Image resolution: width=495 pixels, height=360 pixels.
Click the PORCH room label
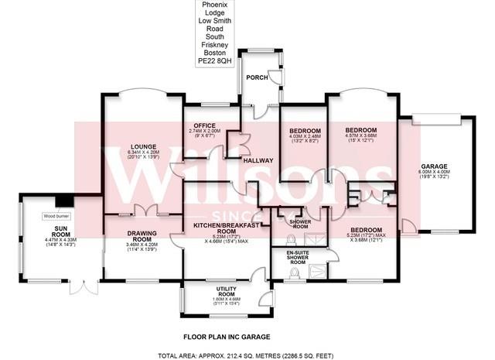(256, 77)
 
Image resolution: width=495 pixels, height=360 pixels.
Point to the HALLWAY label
(258, 160)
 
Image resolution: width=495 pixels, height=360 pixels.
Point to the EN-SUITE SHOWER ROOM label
(298, 258)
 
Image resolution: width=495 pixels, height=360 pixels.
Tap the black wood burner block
(70, 199)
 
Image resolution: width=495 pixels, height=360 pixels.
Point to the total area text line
(247, 355)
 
